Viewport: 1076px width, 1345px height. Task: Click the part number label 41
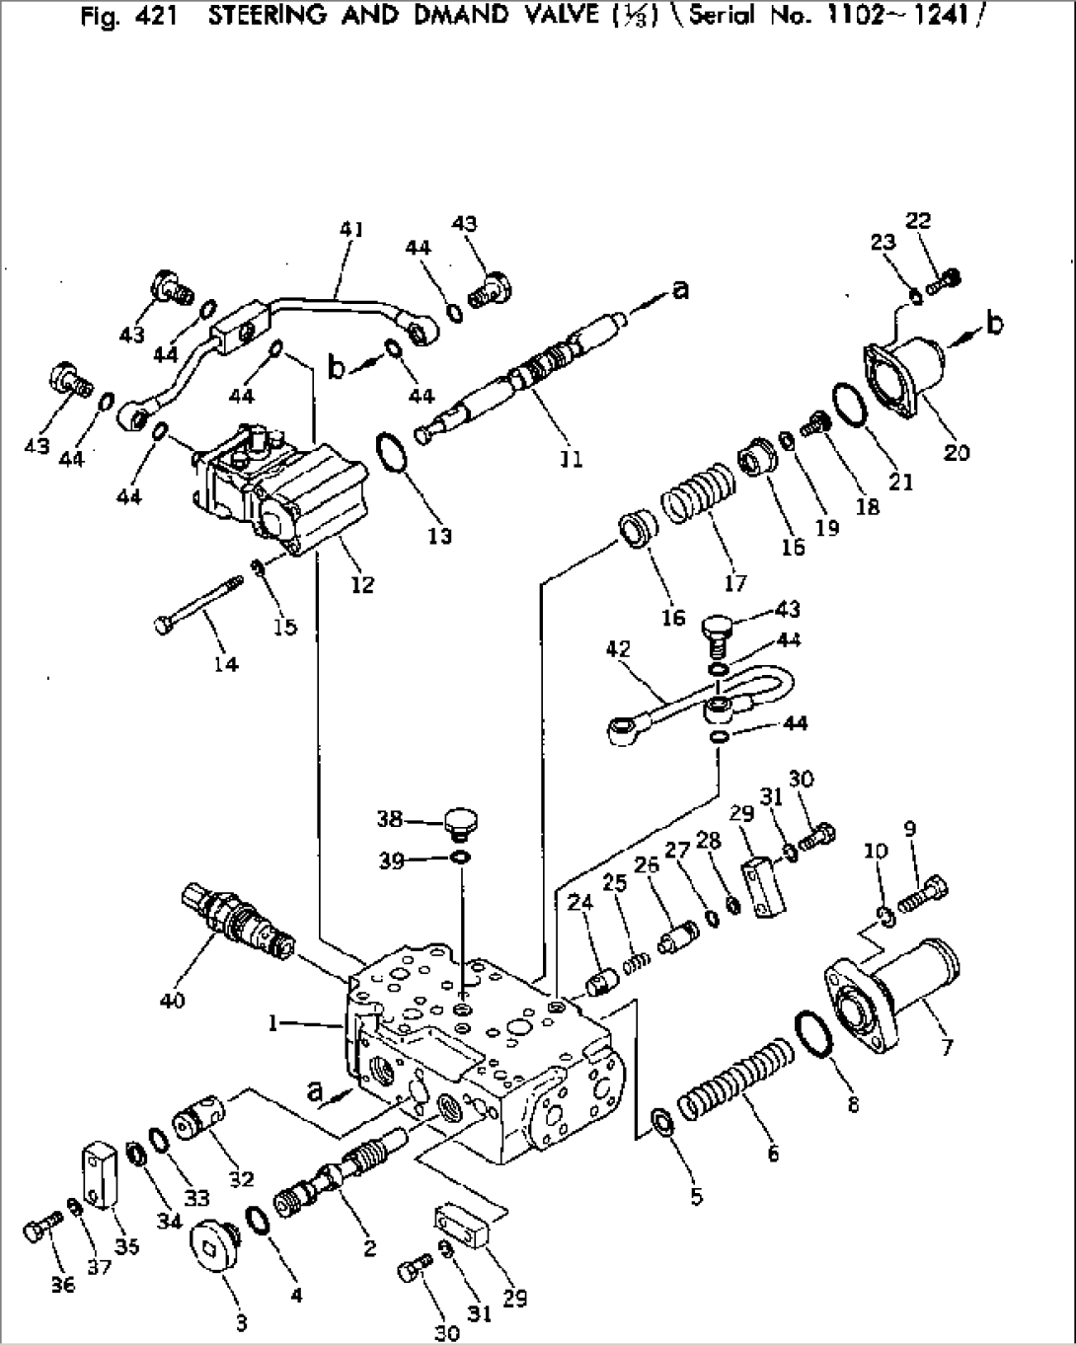[x=351, y=230]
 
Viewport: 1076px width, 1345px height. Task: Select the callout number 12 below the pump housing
[x=362, y=584]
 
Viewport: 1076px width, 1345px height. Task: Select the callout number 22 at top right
[x=918, y=220]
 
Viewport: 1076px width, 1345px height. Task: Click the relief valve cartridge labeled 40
[x=237, y=920]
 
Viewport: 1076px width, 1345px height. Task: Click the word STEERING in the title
[x=266, y=15]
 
